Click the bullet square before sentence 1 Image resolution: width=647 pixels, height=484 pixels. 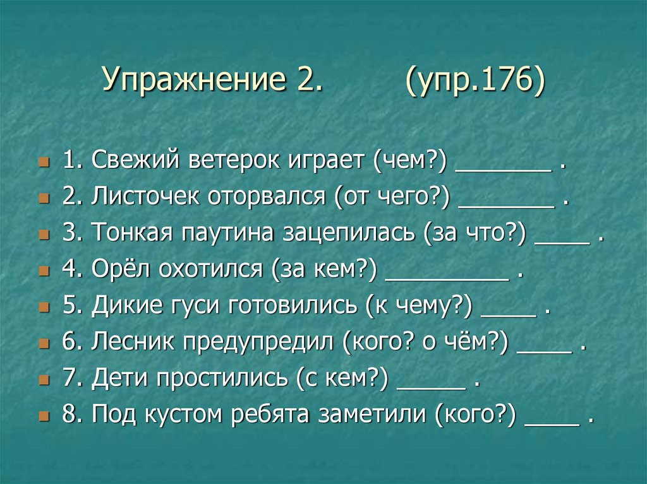[44, 163]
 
